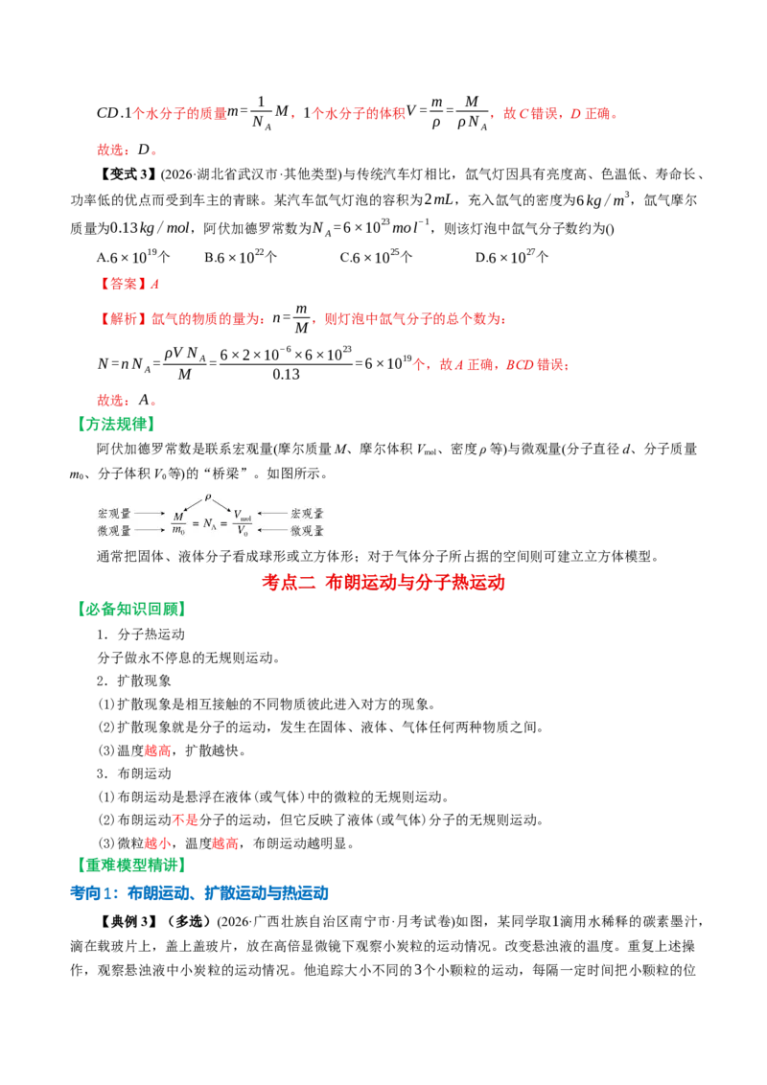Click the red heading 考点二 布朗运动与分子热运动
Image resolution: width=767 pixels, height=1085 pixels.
(383, 582)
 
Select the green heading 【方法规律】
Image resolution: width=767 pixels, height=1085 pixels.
(116, 425)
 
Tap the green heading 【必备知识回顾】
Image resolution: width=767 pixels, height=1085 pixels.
(131, 609)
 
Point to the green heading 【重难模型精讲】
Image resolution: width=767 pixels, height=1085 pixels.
(131, 865)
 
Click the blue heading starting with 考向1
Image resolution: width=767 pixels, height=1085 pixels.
(199, 893)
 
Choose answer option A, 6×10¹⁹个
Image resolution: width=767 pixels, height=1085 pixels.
(133, 258)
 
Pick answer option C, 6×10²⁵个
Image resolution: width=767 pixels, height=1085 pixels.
(376, 258)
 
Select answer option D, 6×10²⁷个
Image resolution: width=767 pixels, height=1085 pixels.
(512, 258)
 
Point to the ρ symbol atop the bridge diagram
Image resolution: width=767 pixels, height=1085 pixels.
(208, 497)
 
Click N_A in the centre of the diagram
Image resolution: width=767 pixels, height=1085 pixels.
(209, 524)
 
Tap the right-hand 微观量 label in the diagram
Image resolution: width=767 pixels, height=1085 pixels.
(307, 531)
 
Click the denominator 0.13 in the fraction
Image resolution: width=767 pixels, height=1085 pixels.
(286, 375)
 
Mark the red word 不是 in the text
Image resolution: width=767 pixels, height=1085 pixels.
(185, 820)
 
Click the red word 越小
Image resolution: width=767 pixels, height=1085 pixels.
(158, 843)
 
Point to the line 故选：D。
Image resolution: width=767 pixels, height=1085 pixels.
(128, 150)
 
